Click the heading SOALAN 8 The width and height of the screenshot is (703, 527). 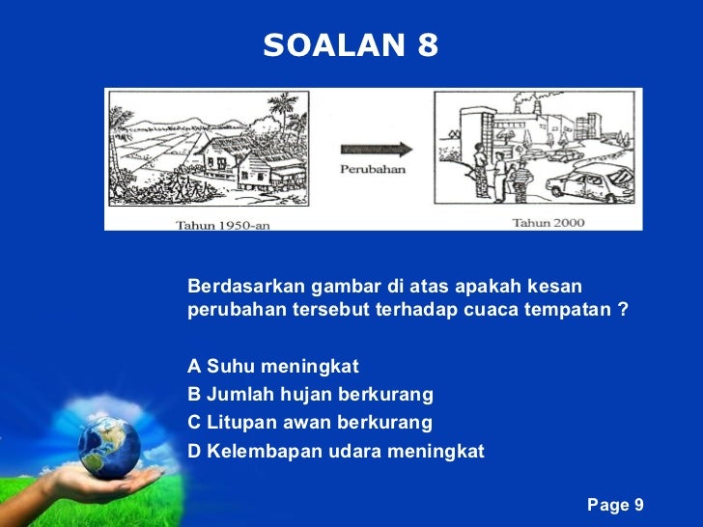tap(351, 44)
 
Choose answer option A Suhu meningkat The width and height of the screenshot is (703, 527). tap(273, 367)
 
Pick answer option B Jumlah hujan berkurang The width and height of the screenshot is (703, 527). tap(310, 395)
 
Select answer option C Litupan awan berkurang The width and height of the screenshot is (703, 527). tap(310, 423)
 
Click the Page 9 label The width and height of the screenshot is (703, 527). tap(615, 505)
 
